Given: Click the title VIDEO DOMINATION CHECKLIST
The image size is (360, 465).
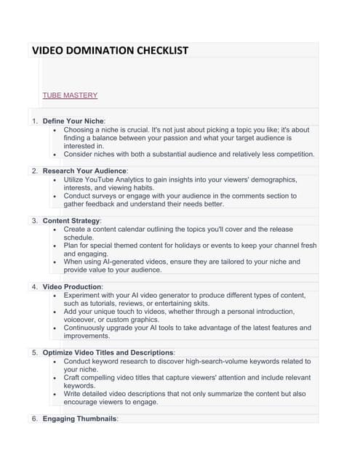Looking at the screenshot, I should (x=110, y=51).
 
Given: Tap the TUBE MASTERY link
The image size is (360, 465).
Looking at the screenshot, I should (x=70, y=95).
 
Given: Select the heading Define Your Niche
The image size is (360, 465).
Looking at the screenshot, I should (x=73, y=120).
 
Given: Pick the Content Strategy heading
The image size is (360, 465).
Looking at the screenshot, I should (x=71, y=220).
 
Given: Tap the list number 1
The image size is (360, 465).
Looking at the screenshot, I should (x=34, y=120).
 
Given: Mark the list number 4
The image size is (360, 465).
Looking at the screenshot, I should (x=34, y=287).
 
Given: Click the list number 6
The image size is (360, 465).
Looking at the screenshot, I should (x=34, y=419).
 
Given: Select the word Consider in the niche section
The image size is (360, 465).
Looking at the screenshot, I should (x=80, y=154).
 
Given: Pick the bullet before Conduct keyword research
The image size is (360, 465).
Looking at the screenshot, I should (x=55, y=361).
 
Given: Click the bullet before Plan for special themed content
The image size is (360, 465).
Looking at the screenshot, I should (x=55, y=246).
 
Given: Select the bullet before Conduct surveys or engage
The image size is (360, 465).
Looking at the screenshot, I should (x=55, y=195).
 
